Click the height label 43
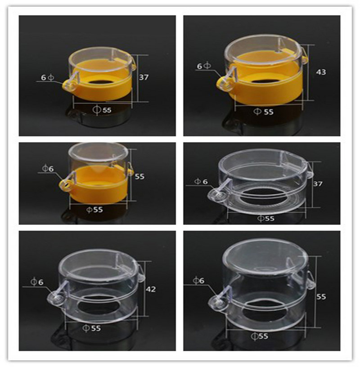[x=321, y=72]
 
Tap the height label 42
[x=151, y=289]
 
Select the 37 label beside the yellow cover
[x=144, y=77]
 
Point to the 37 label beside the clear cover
[x=318, y=184]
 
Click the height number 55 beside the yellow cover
[x=139, y=176]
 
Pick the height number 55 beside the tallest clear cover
[x=321, y=296]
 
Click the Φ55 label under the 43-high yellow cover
[x=264, y=112]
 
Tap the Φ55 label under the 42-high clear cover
[x=92, y=328]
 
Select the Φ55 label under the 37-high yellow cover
[x=102, y=110]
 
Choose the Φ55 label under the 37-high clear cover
[x=265, y=219]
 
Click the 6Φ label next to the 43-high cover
[x=204, y=66]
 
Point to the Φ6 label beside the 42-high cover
[x=37, y=282]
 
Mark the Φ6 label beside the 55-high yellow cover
[x=48, y=168]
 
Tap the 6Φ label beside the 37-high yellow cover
[x=47, y=77]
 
